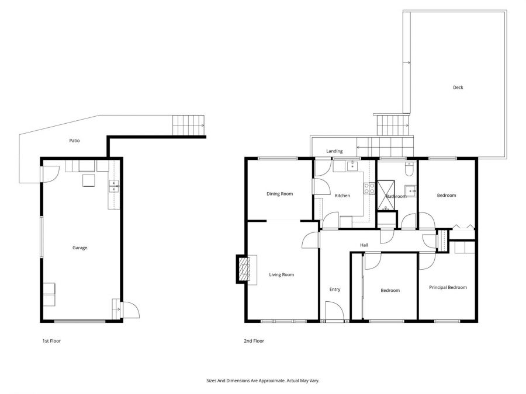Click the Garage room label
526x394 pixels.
pos(79,248)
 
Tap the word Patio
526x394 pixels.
pos(74,141)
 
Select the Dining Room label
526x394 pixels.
pos(279,194)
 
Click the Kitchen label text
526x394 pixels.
pos(342,196)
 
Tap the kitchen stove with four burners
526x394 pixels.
pos(369,188)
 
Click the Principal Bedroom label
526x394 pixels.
pos(448,287)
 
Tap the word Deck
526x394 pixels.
pos(458,88)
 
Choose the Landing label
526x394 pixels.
pos(334,151)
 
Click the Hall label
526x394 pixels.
pos(364,245)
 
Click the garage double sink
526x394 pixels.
pos(113,187)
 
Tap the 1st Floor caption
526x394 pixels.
pos(51,341)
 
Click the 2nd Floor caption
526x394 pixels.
pos(254,341)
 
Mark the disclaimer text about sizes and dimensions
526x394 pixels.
pos(262,381)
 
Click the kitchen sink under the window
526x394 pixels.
pos(352,166)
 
